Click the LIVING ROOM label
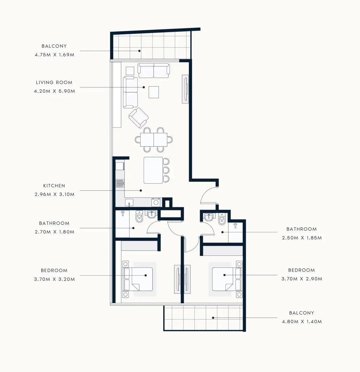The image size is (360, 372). pyautogui.click(x=54, y=83)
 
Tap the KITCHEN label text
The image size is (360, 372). pyautogui.click(x=54, y=186)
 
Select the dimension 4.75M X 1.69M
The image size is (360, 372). pyautogui.click(x=54, y=55)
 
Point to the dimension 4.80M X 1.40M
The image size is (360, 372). pyautogui.click(x=302, y=322)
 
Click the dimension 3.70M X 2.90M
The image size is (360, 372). pyautogui.click(x=302, y=279)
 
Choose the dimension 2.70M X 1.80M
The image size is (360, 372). pyautogui.click(x=54, y=232)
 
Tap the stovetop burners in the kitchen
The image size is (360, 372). pyautogui.click(x=120, y=183)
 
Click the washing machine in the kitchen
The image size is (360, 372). pyautogui.click(x=156, y=202)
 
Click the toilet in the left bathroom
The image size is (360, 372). pyautogui.click(x=139, y=216)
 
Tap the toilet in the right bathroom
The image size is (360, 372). pyautogui.click(x=222, y=219)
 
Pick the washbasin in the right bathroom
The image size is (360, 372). pyautogui.click(x=209, y=217)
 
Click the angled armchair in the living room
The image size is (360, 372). pyautogui.click(x=139, y=118)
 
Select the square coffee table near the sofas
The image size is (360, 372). pyautogui.click(x=154, y=92)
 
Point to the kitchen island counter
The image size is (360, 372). pyautogui.click(x=153, y=170)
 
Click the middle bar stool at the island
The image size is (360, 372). pyautogui.click(x=166, y=170)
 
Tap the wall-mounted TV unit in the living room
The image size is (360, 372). pyautogui.click(x=185, y=89)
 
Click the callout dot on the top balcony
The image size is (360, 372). pyautogui.click(x=140, y=51)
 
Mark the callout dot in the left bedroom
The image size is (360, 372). pyautogui.click(x=146, y=275)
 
